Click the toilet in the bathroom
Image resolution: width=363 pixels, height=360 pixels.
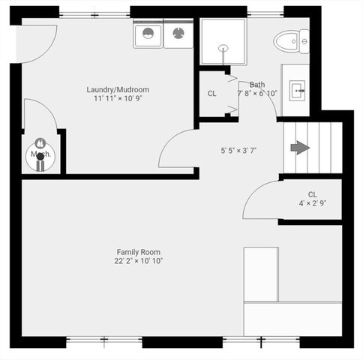pos(290,40)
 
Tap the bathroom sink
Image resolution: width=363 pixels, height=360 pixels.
pos(298,91)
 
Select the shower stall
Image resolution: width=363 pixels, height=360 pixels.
pos(222,42)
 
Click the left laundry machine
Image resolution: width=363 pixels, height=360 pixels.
pos(148,34)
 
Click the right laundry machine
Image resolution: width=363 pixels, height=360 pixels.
pos(178,33)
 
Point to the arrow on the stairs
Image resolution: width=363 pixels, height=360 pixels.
pos(300,147)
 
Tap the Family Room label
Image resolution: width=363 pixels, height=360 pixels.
pos(138,252)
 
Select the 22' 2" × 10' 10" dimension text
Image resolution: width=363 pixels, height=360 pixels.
pos(138,261)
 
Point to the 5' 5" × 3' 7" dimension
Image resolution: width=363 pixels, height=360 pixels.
pos(238,151)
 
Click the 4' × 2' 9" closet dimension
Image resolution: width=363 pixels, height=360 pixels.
pos(313,203)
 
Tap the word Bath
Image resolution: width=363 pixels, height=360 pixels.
pos(256,85)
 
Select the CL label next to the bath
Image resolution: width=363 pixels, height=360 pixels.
pos(213,94)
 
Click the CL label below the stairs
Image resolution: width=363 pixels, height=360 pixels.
pos(312,194)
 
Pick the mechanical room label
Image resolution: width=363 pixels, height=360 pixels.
pos(39,155)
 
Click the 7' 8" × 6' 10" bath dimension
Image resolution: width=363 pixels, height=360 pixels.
pos(258,94)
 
